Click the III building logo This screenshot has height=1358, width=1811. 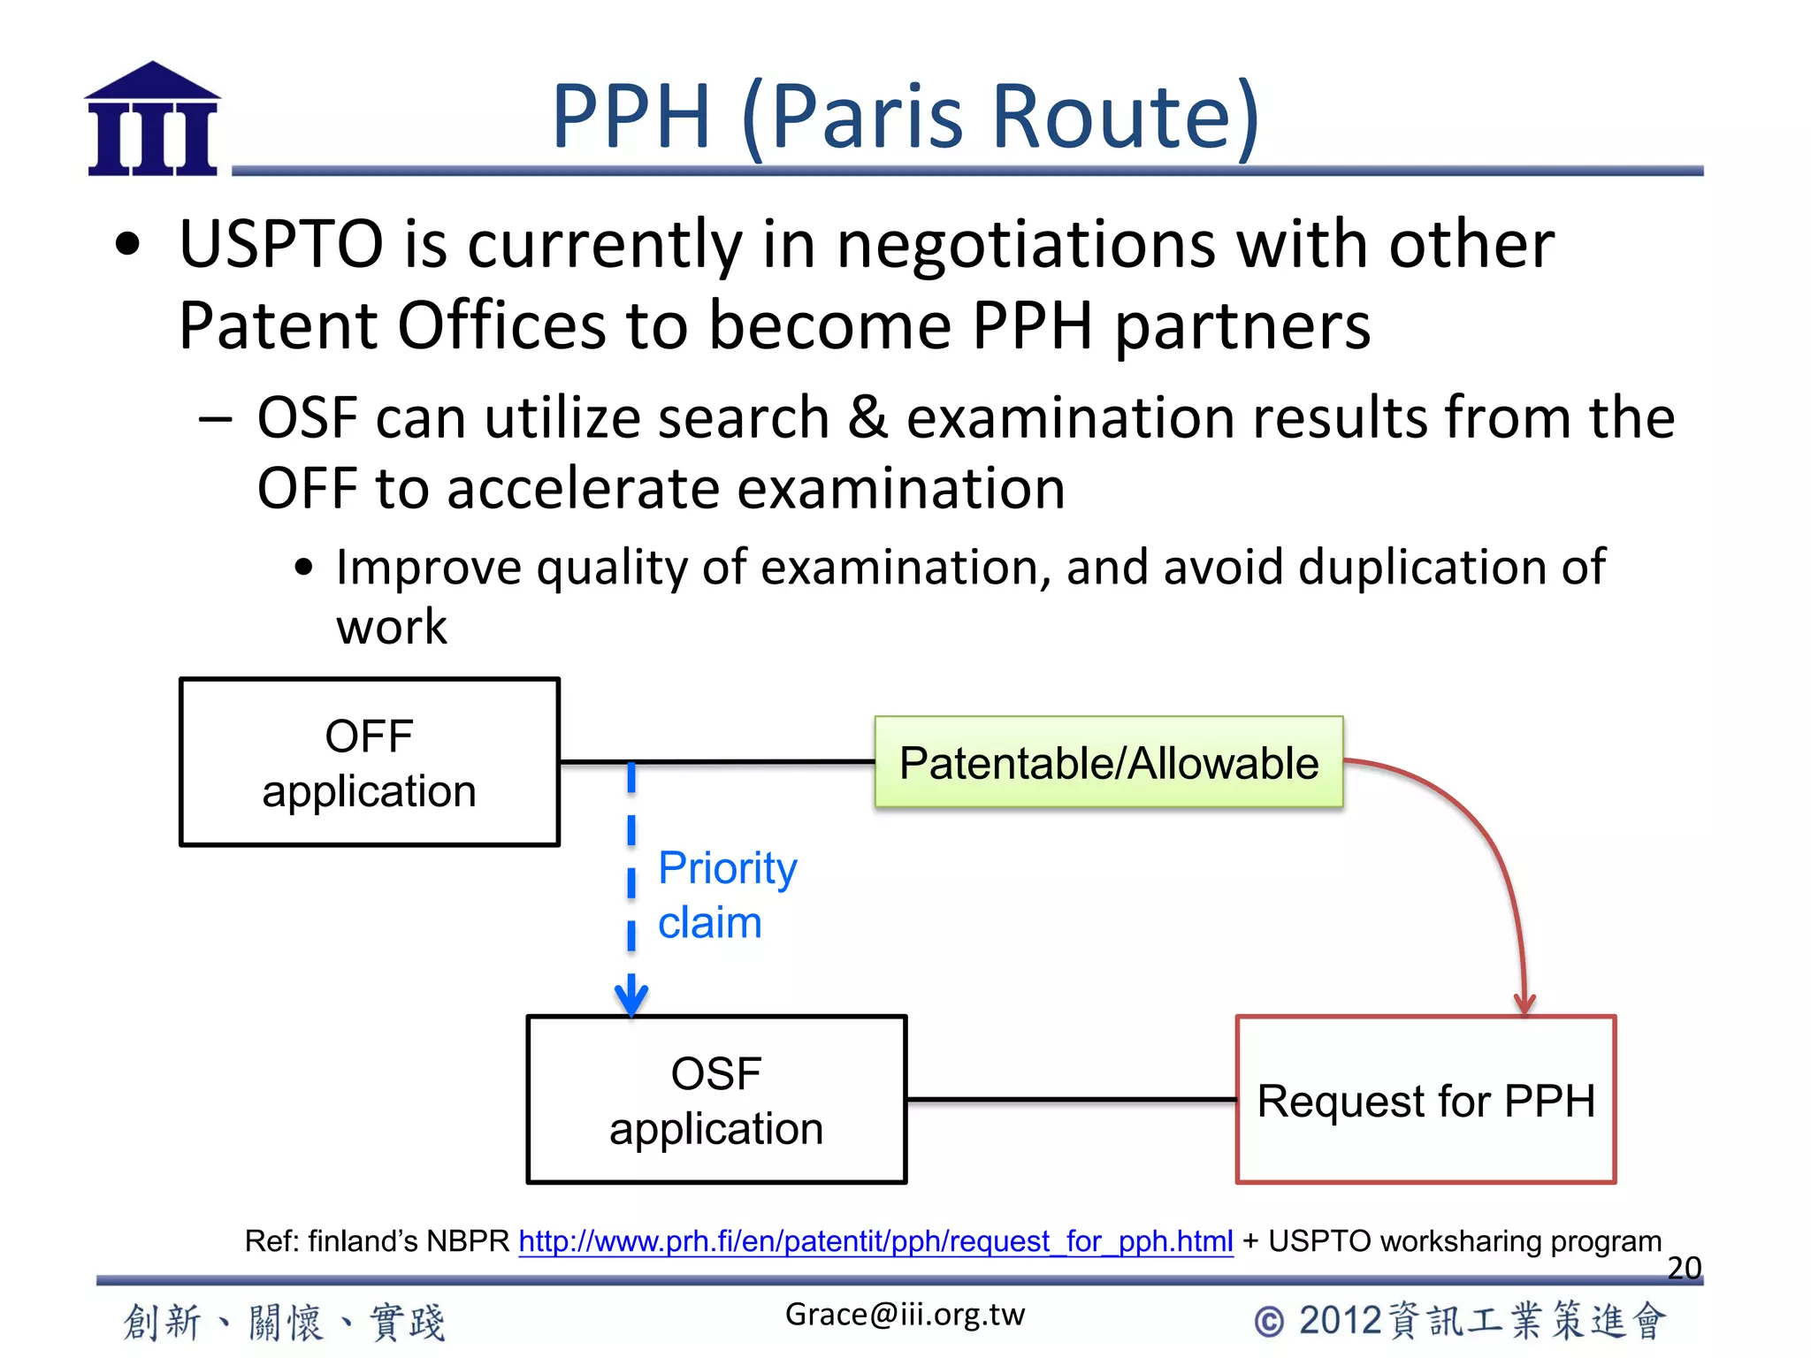pyautogui.click(x=152, y=119)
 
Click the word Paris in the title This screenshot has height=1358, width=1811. pyautogui.click(x=867, y=117)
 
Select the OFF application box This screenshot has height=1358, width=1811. pyautogui.click(x=370, y=762)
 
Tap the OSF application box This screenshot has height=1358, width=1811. pyautogui.click(x=716, y=1100)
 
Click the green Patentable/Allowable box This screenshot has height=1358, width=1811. pyautogui.click(x=1109, y=762)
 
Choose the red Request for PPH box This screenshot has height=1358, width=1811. pyautogui.click(x=1425, y=1100)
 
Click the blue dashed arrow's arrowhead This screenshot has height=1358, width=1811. pyautogui.click(x=631, y=997)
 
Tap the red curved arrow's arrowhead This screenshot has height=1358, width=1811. pyautogui.click(x=1524, y=1004)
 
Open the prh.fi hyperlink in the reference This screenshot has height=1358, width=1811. pyautogui.click(x=875, y=1241)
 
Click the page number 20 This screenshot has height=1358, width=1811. pyautogui.click(x=1684, y=1268)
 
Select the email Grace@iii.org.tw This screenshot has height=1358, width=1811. pyautogui.click(x=905, y=1315)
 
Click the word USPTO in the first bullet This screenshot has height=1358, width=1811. pyautogui.click(x=281, y=244)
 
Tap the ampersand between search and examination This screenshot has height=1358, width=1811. pyautogui.click(x=867, y=417)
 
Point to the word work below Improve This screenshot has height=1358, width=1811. pyautogui.click(x=392, y=628)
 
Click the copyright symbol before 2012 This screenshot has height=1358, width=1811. pyautogui.click(x=1269, y=1322)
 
